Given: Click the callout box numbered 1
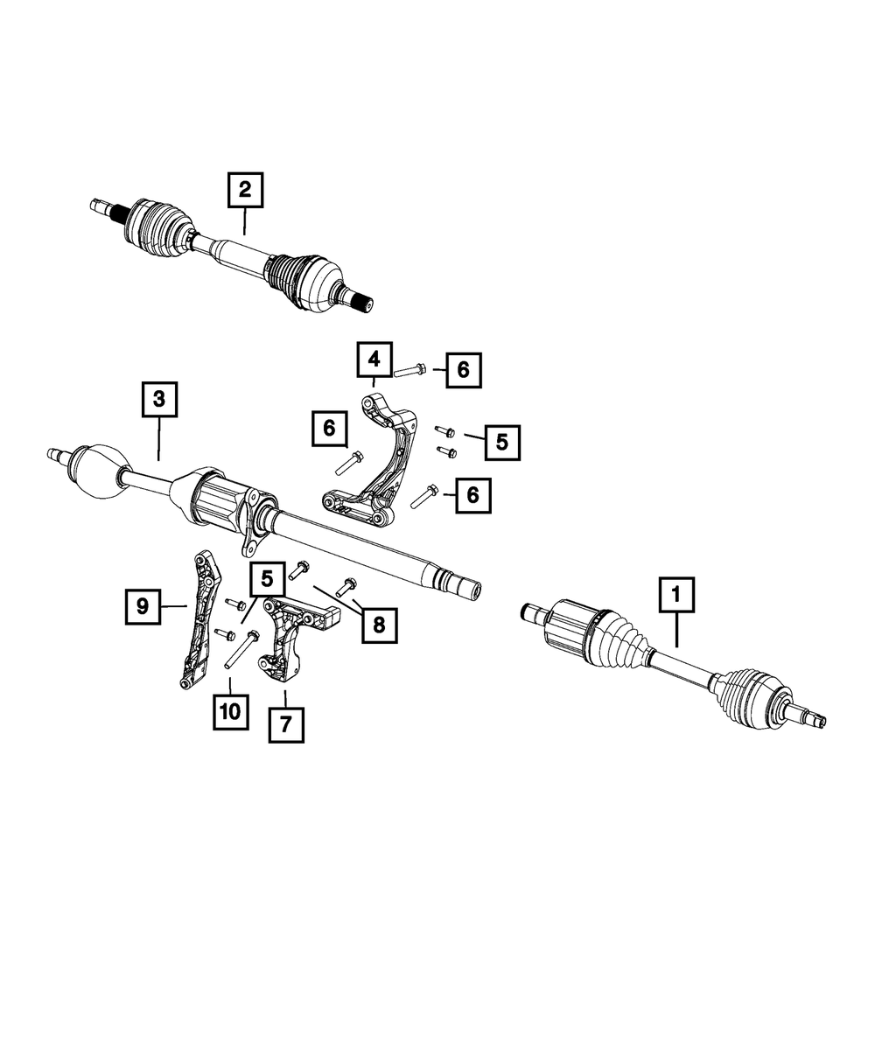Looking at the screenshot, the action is (676, 594).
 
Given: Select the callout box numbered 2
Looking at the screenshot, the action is (245, 190).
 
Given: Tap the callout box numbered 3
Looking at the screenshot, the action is (160, 399).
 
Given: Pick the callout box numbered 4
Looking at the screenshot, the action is (374, 360).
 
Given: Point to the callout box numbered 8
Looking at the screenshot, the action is (380, 625).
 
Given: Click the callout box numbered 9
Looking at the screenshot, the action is (143, 606).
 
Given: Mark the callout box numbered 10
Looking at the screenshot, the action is (230, 711).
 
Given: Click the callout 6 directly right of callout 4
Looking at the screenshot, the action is (464, 370).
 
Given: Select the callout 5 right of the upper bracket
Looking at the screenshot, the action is (502, 443).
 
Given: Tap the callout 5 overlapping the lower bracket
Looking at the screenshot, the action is (267, 579).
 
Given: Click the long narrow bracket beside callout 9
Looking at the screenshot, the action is (199, 619).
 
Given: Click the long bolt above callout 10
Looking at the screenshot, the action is (241, 649).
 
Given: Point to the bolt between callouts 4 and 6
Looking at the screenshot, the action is (410, 370).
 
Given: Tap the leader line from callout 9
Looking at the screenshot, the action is (174, 605).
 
